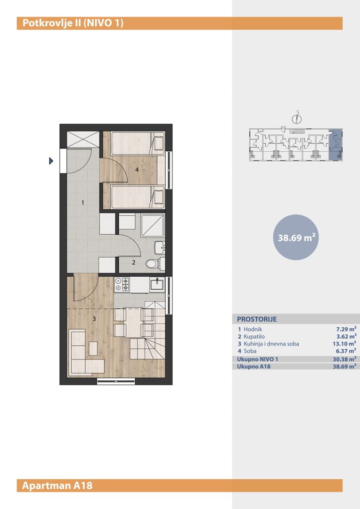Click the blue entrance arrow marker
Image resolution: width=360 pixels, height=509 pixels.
click(51, 161)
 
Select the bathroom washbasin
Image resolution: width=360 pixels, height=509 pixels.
click(160, 248)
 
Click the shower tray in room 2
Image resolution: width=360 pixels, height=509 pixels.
click(153, 225)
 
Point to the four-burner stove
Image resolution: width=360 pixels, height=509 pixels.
click(122, 284)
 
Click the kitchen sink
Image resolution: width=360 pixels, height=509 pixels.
click(157, 285)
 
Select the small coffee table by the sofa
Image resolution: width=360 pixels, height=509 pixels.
click(93, 348)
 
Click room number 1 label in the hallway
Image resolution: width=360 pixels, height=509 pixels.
click(83, 203)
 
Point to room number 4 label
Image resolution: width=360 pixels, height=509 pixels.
click(137, 170)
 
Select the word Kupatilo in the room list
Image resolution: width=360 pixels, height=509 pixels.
click(254, 337)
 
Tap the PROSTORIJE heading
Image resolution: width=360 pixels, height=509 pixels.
click(257, 319)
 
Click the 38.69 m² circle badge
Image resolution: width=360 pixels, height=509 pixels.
click(296, 237)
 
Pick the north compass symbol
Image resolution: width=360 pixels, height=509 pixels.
click(296, 118)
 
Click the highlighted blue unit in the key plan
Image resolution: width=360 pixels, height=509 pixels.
click(335, 144)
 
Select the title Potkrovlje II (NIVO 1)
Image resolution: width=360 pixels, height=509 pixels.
click(73, 24)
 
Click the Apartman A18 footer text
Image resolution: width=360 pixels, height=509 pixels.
click(57, 485)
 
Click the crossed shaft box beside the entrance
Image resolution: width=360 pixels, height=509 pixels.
click(83, 140)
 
